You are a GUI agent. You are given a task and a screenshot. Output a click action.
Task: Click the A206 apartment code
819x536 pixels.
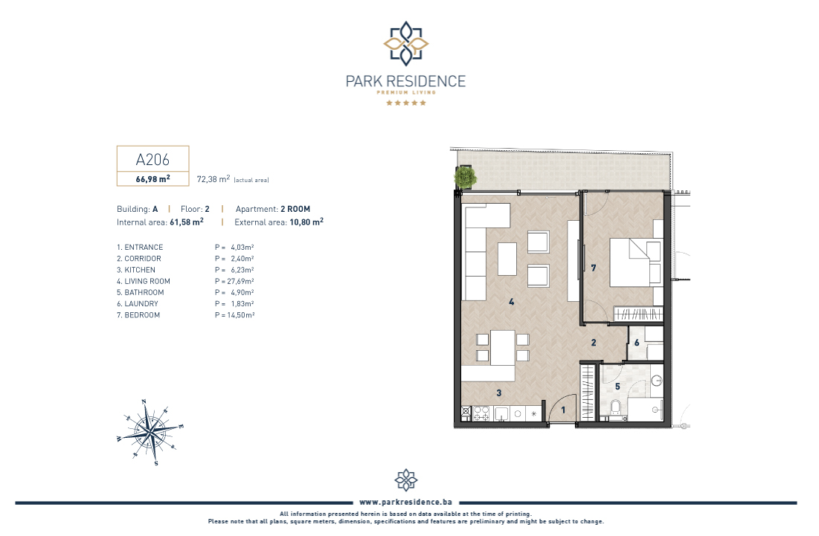152,159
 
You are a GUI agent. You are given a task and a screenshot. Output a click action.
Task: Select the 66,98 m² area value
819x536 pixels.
152,178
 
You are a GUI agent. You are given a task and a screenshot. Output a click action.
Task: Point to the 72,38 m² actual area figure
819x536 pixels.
213,179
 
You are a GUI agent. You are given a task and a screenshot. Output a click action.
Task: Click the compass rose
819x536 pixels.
150,432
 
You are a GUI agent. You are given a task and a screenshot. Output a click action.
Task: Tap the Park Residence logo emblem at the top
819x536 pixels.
406,44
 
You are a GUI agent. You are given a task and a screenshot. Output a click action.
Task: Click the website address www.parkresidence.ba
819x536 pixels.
406,502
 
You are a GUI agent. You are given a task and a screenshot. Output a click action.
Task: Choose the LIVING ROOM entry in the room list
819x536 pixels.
143,281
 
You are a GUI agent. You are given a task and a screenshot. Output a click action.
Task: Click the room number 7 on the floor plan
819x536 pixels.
594,268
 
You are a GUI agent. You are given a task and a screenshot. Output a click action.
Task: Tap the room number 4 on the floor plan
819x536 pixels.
511,302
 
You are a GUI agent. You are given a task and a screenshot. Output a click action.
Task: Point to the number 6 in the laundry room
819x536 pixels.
637,343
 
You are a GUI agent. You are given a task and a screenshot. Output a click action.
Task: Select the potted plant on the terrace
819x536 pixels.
465,177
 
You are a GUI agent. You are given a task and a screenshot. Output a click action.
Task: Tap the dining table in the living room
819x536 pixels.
502,347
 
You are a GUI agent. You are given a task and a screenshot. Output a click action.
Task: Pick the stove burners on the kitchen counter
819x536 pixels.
481,414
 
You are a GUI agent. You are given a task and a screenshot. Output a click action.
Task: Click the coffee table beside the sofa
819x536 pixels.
507,259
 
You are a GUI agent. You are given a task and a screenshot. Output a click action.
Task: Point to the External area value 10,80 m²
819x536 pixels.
306,222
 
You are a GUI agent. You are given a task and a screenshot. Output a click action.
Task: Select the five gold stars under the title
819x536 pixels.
406,103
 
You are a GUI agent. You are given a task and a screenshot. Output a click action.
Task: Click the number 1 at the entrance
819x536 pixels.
563,410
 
